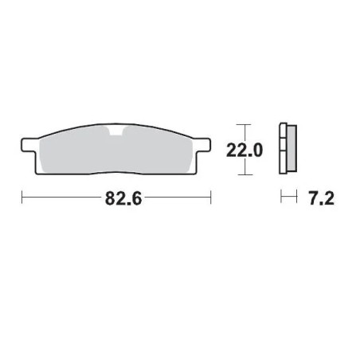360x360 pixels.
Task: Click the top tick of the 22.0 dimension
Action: [245, 126]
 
